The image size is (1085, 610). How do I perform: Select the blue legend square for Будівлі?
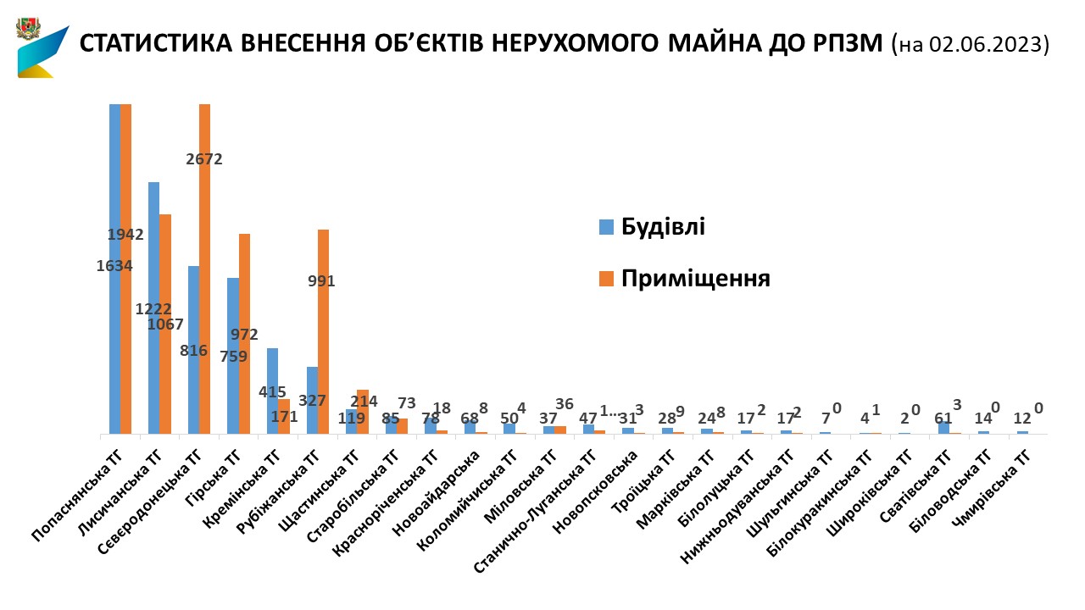606,227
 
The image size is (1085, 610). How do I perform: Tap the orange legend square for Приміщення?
606,279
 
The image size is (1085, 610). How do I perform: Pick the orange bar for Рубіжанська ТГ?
323,331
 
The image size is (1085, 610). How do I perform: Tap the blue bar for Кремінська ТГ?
272,391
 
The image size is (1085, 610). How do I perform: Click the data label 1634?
114,265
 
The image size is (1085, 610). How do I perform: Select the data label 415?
273,392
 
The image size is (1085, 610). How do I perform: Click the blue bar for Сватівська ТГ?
943,428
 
